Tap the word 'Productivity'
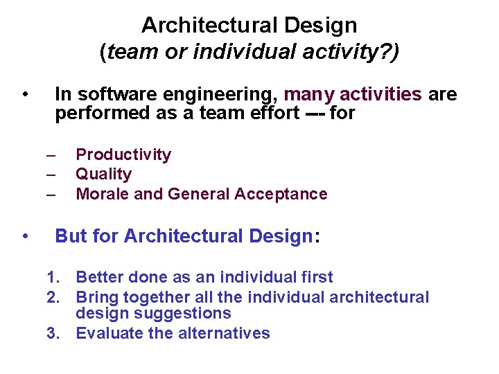coord(123,154)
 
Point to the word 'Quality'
coord(103,174)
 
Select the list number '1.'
coord(54,278)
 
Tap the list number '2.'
coord(54,297)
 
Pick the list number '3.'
coord(54,333)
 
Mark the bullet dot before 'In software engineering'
coord(25,93)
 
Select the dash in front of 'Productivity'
coord(51,154)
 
